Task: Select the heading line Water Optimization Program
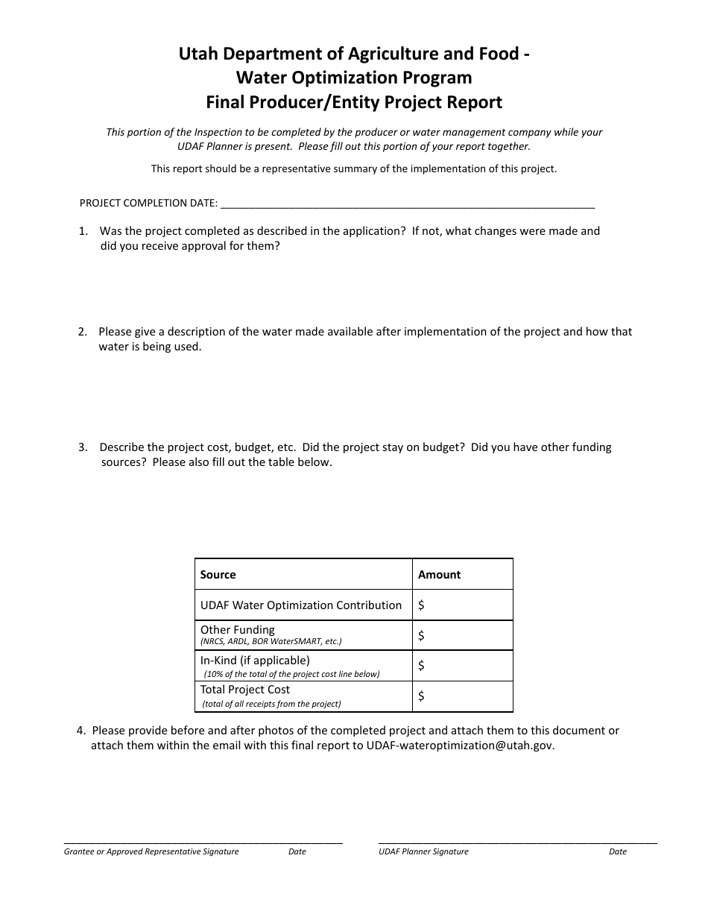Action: click(x=354, y=78)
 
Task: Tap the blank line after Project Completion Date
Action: click(x=408, y=203)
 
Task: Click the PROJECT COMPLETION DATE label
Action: click(x=148, y=203)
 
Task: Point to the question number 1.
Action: click(x=83, y=231)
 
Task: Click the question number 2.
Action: click(x=83, y=332)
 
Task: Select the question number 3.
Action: click(x=83, y=447)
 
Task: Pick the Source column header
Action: click(x=218, y=575)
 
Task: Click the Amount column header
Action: click(x=439, y=575)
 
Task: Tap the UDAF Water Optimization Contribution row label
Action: click(x=301, y=605)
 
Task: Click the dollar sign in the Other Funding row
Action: click(x=422, y=636)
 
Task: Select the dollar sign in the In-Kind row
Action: click(x=422, y=666)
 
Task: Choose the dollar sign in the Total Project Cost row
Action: click(x=422, y=696)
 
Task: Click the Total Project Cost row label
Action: click(x=244, y=690)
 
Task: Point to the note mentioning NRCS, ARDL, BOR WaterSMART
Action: click(x=271, y=642)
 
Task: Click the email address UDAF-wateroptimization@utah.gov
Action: click(x=460, y=746)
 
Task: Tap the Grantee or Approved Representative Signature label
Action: click(x=151, y=851)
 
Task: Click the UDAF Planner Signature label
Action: click(x=423, y=851)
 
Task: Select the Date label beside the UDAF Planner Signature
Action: click(x=617, y=851)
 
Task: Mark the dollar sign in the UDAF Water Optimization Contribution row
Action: click(x=422, y=605)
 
